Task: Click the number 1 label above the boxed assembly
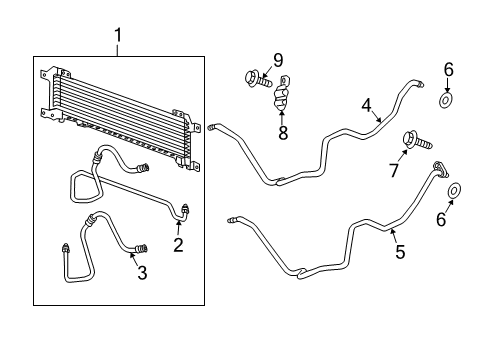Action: [119, 38]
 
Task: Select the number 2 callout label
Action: [178, 244]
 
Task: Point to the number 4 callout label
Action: [366, 104]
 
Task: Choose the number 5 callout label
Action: [399, 253]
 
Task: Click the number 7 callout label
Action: [393, 171]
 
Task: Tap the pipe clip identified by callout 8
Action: [282, 96]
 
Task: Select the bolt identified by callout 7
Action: [412, 140]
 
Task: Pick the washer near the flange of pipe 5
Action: [454, 190]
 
